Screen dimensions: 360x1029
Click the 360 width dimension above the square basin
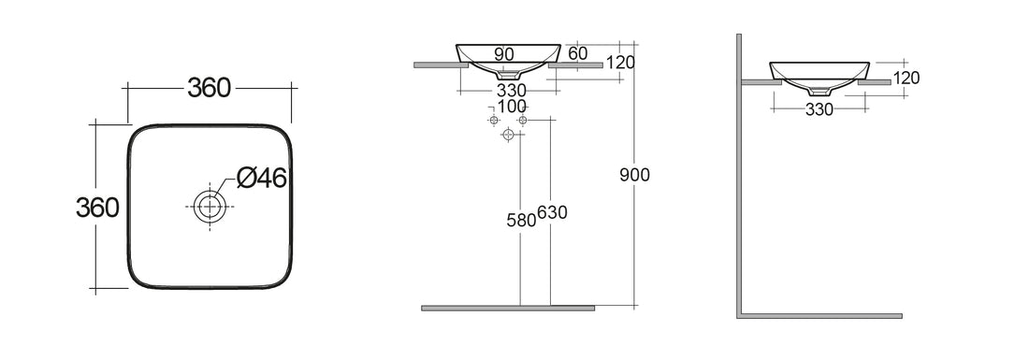209,88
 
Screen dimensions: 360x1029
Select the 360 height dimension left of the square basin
96,207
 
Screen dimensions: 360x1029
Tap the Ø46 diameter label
261,177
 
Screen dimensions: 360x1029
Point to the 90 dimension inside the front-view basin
503,55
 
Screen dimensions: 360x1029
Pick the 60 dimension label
577,54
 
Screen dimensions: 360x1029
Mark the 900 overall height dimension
633,175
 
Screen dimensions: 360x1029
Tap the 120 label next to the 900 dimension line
620,64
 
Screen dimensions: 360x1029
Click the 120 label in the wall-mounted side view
906,79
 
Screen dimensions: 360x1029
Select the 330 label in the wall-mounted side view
819,110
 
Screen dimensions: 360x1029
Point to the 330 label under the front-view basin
511,90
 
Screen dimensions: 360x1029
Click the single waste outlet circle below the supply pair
508,135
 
